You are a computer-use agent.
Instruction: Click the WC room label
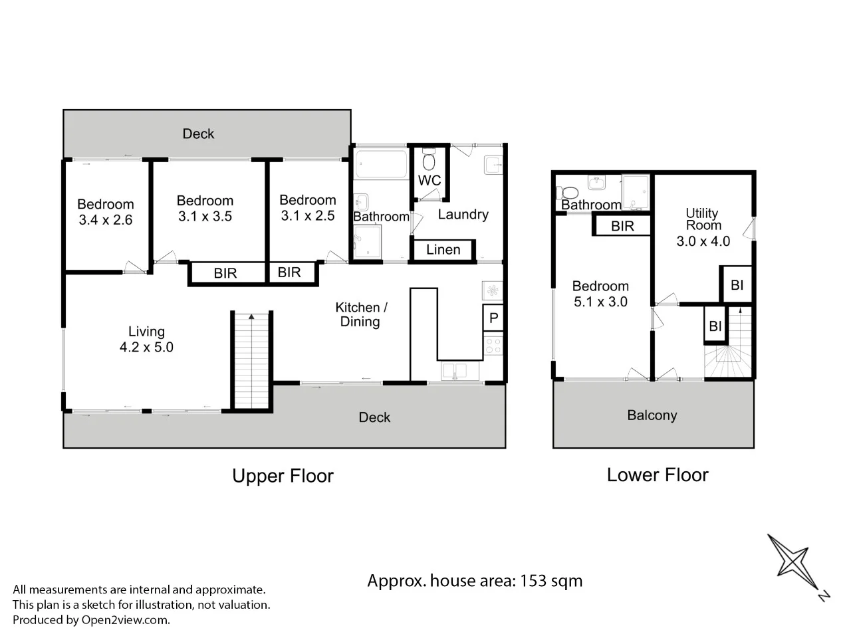[x=429, y=181]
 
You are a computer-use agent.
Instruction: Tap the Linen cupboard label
[x=443, y=250]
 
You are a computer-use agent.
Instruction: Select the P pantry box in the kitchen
[x=493, y=318]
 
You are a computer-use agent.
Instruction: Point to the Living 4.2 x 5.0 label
[x=146, y=339]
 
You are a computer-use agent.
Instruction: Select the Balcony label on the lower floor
[x=652, y=415]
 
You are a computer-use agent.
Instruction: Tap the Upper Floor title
[x=283, y=476]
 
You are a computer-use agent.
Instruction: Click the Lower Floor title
[x=658, y=475]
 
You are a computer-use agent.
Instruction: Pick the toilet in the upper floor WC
[x=429, y=160]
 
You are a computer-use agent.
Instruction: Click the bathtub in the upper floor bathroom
[x=380, y=164]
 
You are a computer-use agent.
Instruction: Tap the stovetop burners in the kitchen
[x=493, y=346]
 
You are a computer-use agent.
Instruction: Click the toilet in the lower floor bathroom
[x=567, y=192]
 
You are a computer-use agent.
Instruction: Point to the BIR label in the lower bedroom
[x=622, y=227]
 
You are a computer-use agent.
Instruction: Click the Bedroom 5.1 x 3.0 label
[x=600, y=294]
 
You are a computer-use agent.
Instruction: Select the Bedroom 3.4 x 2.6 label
[x=105, y=212]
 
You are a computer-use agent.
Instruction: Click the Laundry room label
[x=463, y=215]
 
